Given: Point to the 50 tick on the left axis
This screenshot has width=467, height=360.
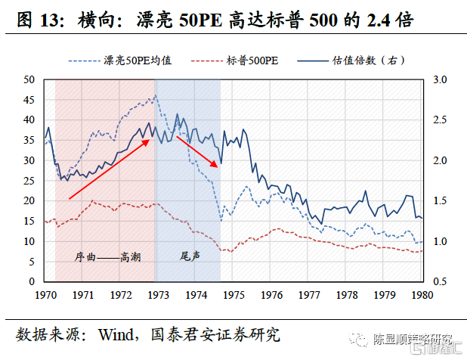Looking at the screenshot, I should (29, 79).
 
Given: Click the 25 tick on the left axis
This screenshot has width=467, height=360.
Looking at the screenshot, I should (29, 181).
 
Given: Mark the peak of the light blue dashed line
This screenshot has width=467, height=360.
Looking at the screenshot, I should (155, 95).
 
